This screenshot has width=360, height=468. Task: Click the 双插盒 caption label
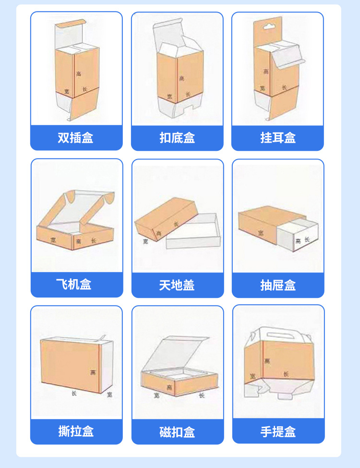76,138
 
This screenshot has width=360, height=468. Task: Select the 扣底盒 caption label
177,138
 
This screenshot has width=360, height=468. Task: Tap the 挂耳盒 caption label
278,138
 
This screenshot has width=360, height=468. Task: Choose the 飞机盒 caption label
76,284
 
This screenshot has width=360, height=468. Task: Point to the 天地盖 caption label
177,285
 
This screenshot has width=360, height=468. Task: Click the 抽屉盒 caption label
278,285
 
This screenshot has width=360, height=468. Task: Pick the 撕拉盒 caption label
76,431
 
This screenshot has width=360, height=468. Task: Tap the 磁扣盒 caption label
177,431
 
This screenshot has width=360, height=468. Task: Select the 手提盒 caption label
278,431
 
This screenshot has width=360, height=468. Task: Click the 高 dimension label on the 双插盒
79,74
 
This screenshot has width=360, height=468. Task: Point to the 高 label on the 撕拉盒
92,372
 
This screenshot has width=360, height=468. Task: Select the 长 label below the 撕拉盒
74,393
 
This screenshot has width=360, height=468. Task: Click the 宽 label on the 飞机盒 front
52,239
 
